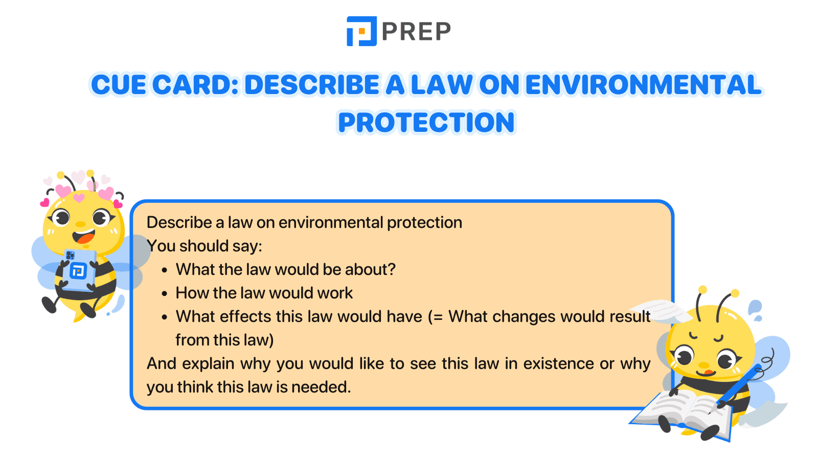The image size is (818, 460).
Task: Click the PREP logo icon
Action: click(361, 31)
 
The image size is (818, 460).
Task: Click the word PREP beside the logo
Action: click(416, 32)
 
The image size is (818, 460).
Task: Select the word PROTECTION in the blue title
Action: click(426, 123)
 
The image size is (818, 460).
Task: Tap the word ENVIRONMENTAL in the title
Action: click(643, 85)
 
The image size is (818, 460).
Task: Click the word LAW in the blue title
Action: click(442, 85)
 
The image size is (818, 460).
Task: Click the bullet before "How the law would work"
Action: click(165, 294)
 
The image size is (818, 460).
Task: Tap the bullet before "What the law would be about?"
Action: click(165, 270)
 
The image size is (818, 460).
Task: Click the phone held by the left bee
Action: click(79, 269)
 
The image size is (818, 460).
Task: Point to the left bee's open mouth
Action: click(84, 237)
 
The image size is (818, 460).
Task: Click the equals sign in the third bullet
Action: click(437, 317)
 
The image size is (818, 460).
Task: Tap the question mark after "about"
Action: click(392, 269)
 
